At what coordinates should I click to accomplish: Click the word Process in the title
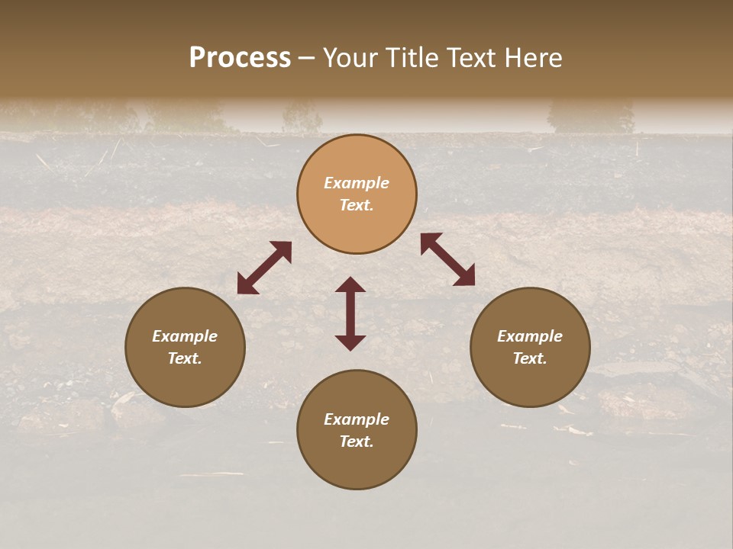(240, 58)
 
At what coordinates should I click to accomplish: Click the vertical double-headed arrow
(350, 313)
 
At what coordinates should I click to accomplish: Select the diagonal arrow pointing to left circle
(264, 268)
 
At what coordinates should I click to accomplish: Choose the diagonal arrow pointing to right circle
(447, 259)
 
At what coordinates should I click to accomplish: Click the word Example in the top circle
(357, 183)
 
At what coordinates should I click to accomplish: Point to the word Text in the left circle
(185, 358)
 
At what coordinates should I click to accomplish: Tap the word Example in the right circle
(530, 336)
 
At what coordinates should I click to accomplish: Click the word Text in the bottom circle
(357, 441)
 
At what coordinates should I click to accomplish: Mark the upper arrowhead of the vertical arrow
(350, 285)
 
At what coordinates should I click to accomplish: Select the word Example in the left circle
(185, 336)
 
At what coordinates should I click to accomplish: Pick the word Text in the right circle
(530, 358)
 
